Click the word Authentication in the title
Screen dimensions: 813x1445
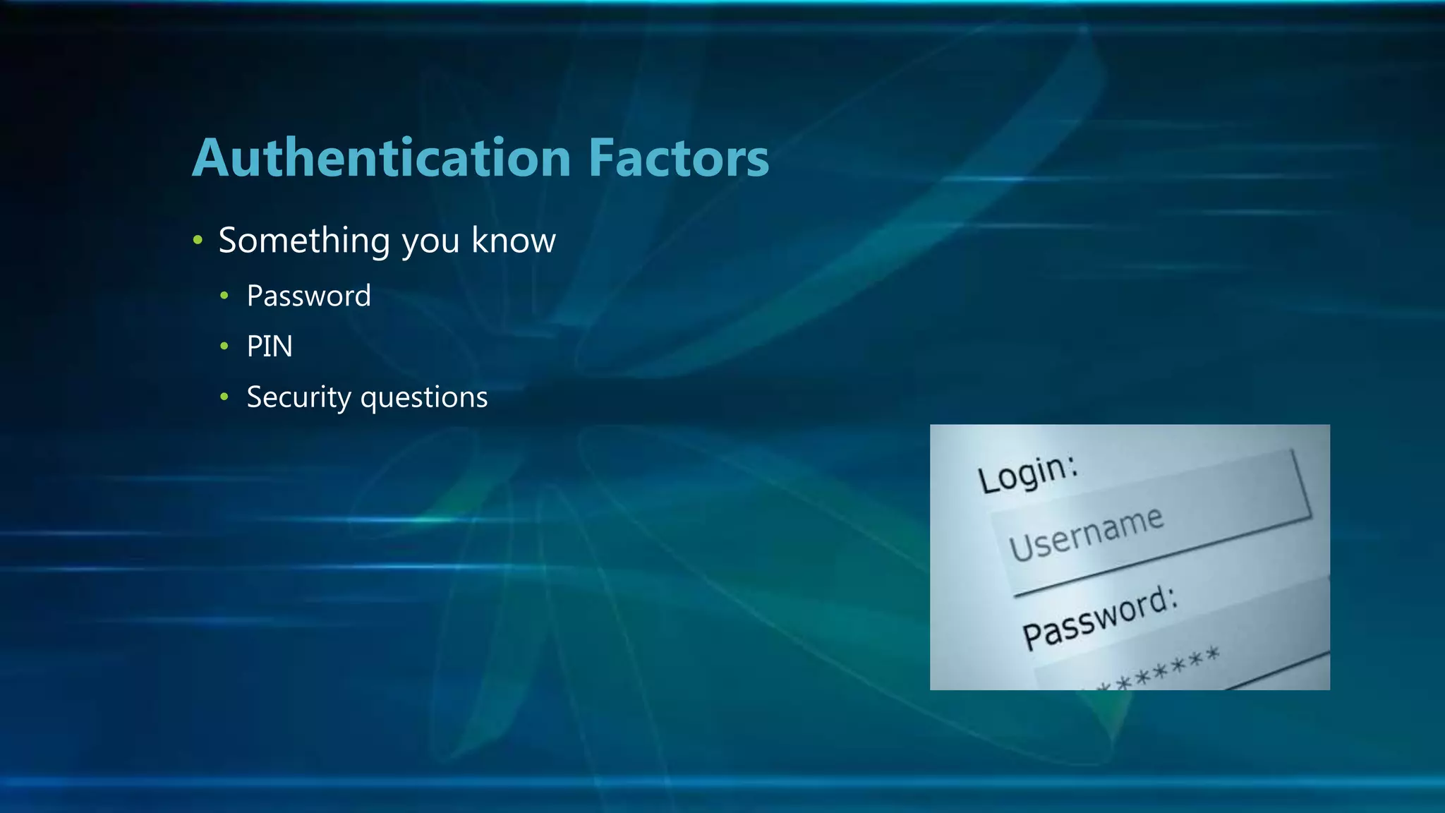point(382,157)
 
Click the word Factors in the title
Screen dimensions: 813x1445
point(678,157)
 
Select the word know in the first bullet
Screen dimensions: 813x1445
point(514,241)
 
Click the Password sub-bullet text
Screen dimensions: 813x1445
point(308,296)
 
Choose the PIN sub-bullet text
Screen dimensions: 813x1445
point(270,347)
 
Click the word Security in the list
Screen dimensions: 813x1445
point(298,398)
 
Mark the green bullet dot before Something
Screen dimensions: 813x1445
point(198,241)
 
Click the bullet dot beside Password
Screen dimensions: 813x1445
point(224,296)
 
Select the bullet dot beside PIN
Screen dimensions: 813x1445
point(224,347)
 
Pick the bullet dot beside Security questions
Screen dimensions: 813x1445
point(224,397)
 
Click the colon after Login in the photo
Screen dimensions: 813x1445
point(1072,463)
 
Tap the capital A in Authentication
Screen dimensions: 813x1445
point(211,158)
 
